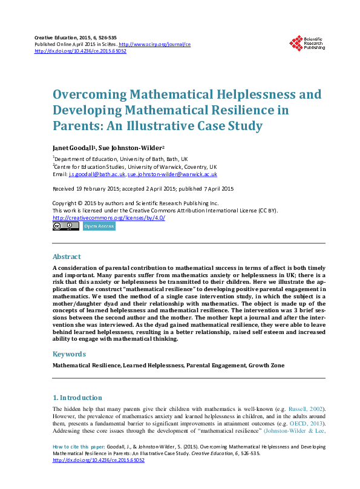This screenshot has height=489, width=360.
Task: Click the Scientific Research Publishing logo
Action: pyautogui.click(x=307, y=42)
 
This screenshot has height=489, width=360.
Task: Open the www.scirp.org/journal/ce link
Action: pyautogui.click(x=155, y=44)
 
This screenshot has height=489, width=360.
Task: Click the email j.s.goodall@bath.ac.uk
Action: pyautogui.click(x=97, y=174)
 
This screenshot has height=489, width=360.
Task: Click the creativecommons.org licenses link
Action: pyautogui.click(x=109, y=218)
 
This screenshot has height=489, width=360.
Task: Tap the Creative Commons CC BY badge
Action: pyautogui.click(x=66, y=226)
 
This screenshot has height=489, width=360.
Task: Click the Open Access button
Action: pyautogui.click(x=99, y=226)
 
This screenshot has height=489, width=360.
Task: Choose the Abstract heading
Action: pyautogui.click(x=67, y=257)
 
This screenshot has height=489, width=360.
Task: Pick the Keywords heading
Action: pyautogui.click(x=69, y=354)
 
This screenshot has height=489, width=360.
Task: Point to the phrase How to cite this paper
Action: pyautogui.click(x=79, y=447)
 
